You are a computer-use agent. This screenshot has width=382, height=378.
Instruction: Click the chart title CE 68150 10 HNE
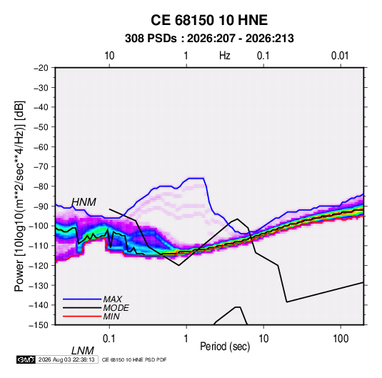209,20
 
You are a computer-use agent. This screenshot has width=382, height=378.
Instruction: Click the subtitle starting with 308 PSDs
209,39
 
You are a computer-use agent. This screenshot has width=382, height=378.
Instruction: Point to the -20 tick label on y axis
41,68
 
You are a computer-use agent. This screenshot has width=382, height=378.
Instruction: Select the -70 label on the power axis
41,166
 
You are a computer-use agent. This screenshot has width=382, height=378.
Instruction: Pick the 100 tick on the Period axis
341,339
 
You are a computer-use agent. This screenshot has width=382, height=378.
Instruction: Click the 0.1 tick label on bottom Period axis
109,339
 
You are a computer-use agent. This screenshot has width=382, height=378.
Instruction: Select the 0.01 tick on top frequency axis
340,56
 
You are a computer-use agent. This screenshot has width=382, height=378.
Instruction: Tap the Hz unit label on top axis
225,56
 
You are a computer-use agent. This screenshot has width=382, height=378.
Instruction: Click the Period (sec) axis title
225,347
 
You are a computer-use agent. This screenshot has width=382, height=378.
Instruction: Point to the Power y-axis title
19,196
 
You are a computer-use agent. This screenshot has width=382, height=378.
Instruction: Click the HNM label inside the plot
84,202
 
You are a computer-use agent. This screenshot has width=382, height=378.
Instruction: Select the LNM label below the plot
83,351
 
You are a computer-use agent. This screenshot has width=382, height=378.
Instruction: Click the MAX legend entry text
113,299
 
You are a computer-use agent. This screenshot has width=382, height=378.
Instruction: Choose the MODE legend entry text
116,308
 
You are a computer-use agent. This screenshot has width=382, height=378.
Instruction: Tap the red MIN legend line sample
82,317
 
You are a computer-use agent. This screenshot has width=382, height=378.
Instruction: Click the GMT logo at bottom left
26,359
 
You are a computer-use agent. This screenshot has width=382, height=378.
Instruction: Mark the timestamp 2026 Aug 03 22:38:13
66,359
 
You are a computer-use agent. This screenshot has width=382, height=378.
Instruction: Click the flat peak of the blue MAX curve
196,178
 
